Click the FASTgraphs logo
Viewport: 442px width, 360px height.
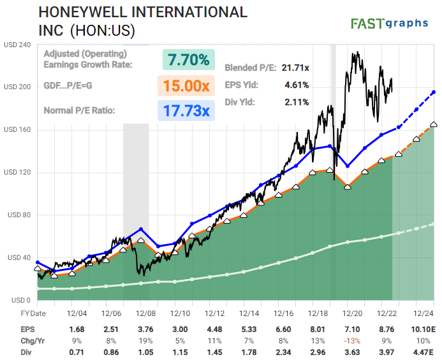(x=389, y=24)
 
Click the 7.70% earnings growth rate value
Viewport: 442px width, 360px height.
(x=188, y=60)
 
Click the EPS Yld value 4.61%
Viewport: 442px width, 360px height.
(x=297, y=85)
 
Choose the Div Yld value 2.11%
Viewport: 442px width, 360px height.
(x=297, y=101)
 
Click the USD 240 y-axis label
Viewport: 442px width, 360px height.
(x=17, y=45)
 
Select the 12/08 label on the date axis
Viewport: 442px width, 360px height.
(x=146, y=313)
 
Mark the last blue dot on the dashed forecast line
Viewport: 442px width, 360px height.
(x=434, y=92)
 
